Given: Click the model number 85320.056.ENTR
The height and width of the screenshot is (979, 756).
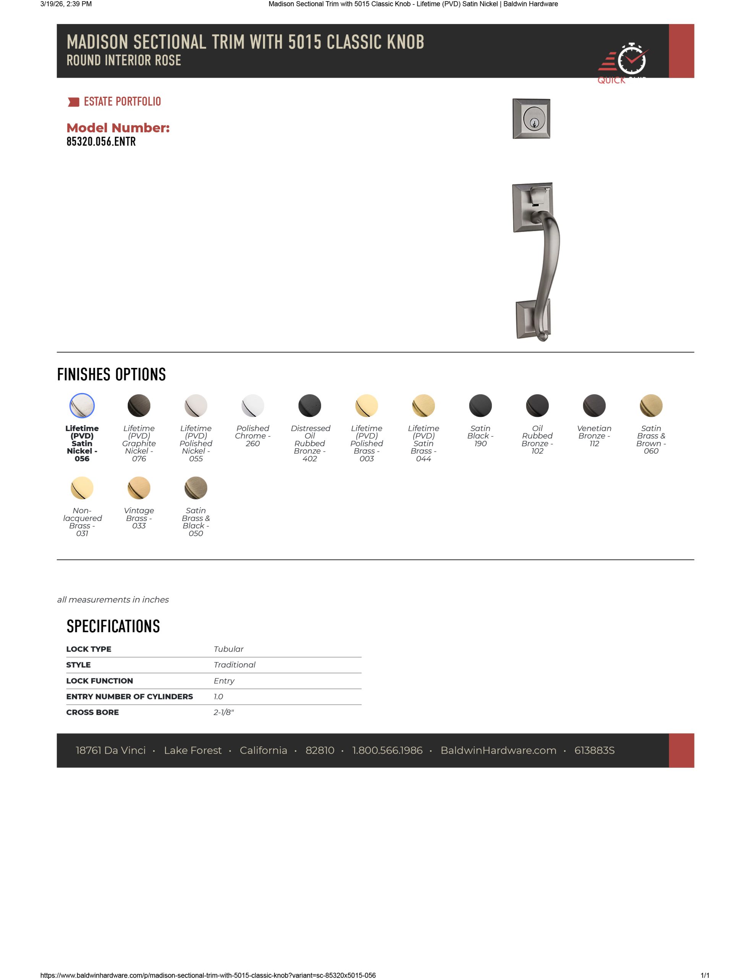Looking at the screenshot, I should point(101,141).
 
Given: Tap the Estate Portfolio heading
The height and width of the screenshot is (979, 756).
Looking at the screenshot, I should point(122,102).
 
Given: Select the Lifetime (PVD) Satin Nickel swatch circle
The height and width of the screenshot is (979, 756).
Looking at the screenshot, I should point(82,406).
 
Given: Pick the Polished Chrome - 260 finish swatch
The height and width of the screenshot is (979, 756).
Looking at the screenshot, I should point(253,406).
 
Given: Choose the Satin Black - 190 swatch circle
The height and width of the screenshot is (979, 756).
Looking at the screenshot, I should point(480,406).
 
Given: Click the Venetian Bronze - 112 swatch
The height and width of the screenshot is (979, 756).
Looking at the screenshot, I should point(594,406).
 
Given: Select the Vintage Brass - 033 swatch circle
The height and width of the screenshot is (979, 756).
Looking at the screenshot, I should point(139,488).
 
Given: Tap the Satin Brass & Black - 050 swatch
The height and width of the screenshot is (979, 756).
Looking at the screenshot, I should point(196,488).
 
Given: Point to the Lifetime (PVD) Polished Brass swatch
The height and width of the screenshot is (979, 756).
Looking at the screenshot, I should point(367,406).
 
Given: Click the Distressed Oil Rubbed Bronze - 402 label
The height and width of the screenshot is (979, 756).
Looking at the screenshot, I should point(310,443).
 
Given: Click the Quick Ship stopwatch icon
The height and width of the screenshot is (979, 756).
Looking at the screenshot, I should point(631,59).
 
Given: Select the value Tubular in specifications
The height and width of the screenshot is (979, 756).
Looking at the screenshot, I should point(229,649).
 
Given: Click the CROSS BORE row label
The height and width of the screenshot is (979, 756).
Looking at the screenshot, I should point(92,712).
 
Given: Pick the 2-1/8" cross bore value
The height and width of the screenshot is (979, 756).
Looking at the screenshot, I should point(224,712).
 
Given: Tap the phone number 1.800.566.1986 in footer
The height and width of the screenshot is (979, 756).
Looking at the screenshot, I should point(387,750).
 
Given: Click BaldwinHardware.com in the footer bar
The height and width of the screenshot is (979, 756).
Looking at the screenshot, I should point(498,750).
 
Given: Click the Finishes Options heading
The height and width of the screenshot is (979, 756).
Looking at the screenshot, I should point(112,375).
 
